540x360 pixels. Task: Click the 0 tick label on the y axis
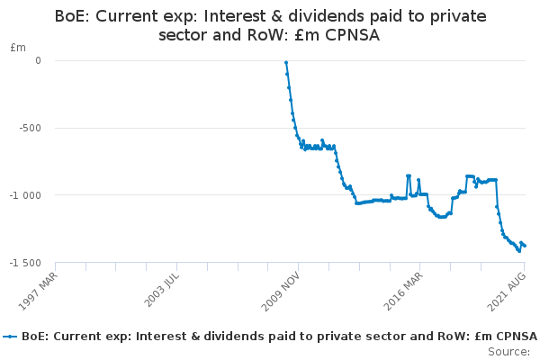tap(38, 60)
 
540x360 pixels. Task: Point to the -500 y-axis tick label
tap(30, 128)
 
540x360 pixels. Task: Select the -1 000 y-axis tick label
tap(25, 195)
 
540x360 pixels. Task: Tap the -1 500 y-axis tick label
tap(25, 263)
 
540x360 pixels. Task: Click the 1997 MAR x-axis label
tap(38, 292)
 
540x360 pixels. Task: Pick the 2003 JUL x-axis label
tap(161, 290)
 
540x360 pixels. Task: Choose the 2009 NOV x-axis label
tap(281, 292)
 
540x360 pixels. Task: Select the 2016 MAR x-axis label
tap(403, 292)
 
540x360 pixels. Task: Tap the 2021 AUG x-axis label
tap(507, 292)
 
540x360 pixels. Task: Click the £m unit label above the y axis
tap(18, 48)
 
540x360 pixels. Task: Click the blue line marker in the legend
tap(10, 337)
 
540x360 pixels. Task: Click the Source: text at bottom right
tap(509, 352)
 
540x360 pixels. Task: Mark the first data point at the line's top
tap(286, 63)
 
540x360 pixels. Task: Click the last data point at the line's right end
tap(525, 246)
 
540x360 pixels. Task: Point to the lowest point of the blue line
tap(519, 251)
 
